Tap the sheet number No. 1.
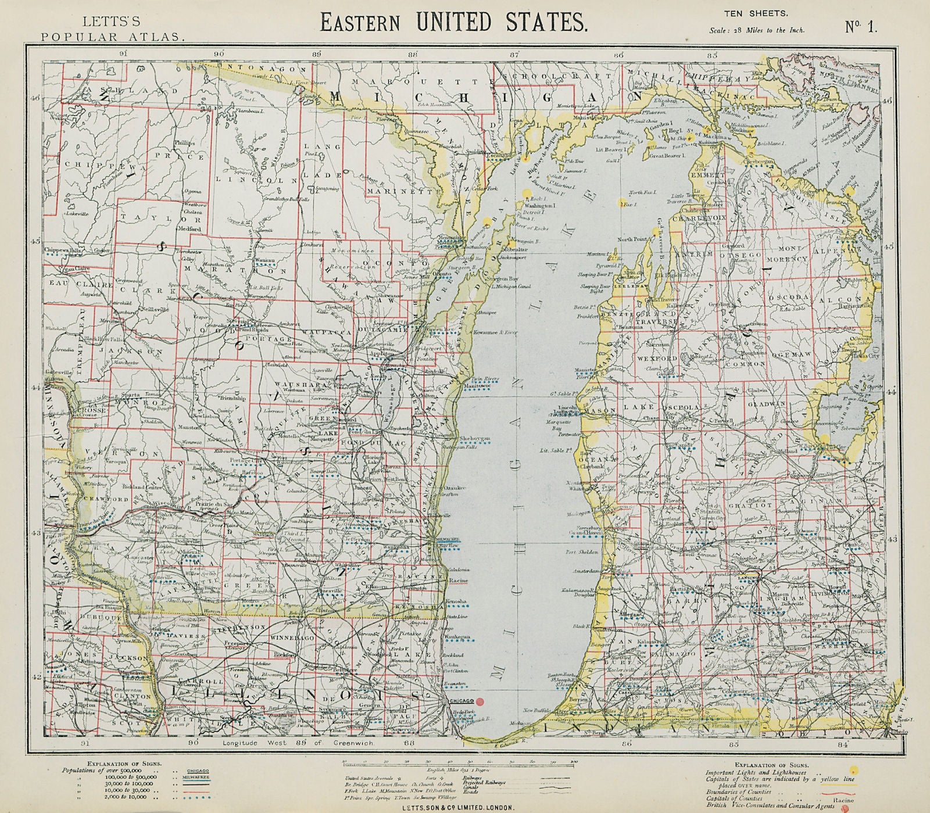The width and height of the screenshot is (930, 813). (x=861, y=27)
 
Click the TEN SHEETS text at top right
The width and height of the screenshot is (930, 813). (x=747, y=13)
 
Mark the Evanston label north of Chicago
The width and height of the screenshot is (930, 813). (x=455, y=685)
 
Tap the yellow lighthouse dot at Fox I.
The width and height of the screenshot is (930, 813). (x=623, y=203)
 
